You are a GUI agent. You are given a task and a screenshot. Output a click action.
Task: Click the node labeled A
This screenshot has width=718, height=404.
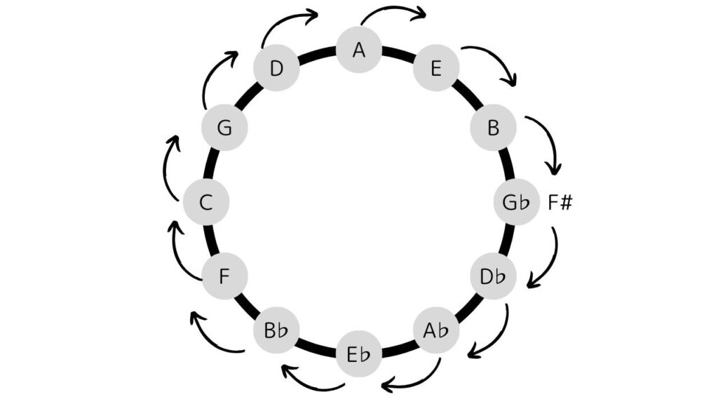pos(359,50)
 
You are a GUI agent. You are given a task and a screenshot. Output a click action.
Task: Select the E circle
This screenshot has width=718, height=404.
pos(436,69)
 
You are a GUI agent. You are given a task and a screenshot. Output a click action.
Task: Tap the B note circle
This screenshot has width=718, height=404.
pos(493,128)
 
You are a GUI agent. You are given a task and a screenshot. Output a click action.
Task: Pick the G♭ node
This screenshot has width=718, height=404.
pos(517,203)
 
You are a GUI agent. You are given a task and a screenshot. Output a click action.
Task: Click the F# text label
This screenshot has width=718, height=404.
pos(560,203)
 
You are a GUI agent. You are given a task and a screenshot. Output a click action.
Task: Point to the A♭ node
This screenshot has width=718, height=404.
pos(435,330)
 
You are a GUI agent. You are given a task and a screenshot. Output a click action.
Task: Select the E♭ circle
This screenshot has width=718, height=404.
pos(359,353)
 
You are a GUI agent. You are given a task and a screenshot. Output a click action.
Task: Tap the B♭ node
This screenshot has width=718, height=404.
pos(276,330)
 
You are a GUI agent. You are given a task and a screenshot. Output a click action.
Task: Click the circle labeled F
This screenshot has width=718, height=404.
pos(224,276)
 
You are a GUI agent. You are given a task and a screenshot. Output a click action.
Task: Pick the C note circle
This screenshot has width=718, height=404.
pos(206,203)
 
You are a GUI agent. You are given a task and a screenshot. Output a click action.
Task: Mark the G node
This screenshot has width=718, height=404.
pos(224,128)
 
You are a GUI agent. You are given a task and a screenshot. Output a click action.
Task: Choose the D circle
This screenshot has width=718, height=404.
pos(277,69)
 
